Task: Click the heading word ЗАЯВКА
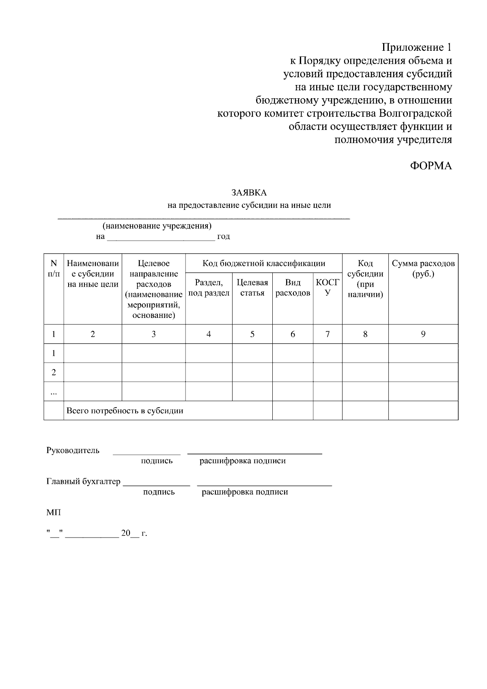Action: click(249, 192)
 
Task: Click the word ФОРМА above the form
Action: click(431, 166)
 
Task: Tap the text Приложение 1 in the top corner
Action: click(416, 47)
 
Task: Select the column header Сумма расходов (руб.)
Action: click(423, 269)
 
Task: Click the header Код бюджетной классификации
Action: click(264, 264)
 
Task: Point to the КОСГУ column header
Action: click(327, 288)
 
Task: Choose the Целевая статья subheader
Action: click(252, 288)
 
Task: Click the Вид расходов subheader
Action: click(293, 288)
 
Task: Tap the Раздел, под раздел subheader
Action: click(209, 288)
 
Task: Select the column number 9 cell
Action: click(423, 334)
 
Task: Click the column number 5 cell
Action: click(252, 334)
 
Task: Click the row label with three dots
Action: click(54, 392)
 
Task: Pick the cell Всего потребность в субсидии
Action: click(125, 411)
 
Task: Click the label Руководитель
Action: click(73, 450)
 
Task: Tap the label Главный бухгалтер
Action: click(83, 482)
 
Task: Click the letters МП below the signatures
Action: click(54, 513)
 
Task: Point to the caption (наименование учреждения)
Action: click(157, 226)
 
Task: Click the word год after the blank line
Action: click(224, 237)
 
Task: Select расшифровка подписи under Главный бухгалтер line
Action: click(245, 492)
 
